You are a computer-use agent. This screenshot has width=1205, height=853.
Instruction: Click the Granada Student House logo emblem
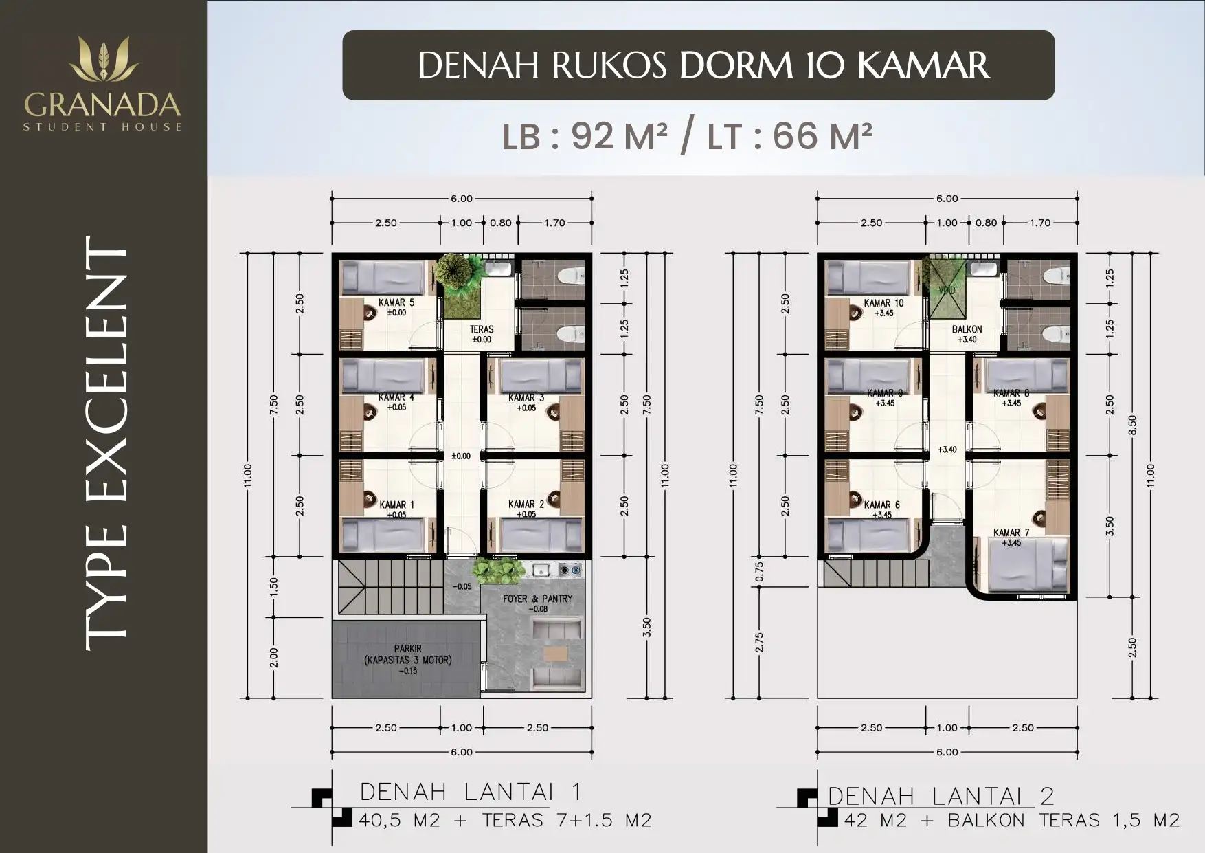104,59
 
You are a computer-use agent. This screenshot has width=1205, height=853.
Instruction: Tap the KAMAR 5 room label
396,302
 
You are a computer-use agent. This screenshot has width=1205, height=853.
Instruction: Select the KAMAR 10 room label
883,303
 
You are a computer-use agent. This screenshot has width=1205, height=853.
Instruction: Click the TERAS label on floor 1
482,329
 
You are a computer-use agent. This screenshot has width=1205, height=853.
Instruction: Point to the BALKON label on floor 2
967,329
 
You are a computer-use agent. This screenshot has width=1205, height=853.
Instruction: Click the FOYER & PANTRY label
537,599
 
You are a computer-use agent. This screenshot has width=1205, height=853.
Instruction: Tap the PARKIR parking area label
408,648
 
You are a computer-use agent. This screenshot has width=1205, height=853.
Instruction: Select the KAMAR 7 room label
1011,533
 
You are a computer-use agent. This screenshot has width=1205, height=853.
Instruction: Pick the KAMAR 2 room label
526,504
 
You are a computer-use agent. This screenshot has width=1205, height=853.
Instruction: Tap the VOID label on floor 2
946,291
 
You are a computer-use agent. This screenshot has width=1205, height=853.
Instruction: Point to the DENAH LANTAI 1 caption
471,792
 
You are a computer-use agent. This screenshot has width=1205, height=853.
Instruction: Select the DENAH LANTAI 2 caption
941,796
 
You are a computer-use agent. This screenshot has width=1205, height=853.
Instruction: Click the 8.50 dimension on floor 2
1132,425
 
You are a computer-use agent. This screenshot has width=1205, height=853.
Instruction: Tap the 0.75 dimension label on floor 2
759,572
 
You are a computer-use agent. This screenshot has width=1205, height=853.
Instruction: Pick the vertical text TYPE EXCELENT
106,443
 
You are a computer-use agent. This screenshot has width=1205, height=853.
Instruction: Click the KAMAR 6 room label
881,505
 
